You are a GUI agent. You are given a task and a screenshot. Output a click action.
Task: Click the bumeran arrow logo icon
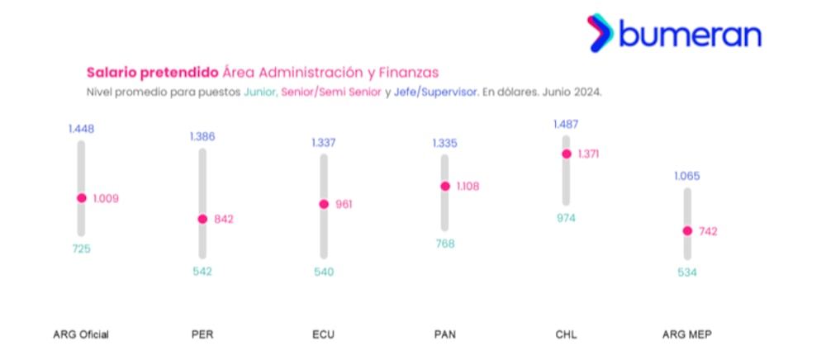click(x=601, y=34)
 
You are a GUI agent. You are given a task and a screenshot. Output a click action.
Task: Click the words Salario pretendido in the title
click(x=152, y=73)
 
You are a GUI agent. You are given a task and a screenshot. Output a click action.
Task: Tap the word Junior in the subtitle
click(x=260, y=92)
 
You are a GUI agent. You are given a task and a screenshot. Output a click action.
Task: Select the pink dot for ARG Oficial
click(x=81, y=198)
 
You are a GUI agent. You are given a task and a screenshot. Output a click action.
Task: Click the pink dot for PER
click(x=202, y=219)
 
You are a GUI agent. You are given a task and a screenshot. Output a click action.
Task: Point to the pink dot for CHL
click(x=567, y=154)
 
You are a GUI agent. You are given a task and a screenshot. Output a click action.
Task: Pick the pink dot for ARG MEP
click(x=687, y=231)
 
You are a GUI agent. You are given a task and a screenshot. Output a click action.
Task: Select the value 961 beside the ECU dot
click(x=344, y=204)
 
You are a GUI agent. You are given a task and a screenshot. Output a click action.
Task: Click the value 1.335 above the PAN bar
click(x=444, y=143)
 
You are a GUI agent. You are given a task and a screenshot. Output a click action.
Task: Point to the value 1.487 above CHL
click(x=567, y=125)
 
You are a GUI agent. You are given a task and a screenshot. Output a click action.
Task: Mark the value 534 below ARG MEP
click(x=686, y=271)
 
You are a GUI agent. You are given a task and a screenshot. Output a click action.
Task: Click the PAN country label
click(x=444, y=334)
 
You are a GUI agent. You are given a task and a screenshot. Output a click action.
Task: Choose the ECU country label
click(x=323, y=334)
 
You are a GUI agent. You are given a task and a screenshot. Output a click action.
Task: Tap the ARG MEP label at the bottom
click(x=686, y=334)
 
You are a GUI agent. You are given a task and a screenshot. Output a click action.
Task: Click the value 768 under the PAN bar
click(x=444, y=244)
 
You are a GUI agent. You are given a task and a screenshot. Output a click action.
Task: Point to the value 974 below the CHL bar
click(x=566, y=218)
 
